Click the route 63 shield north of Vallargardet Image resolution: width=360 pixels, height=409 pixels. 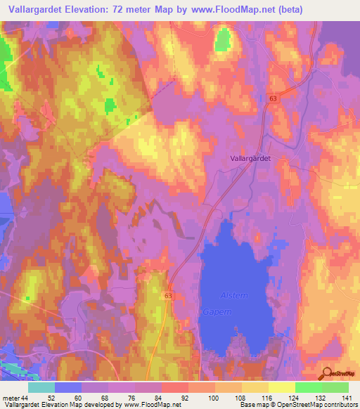[x=272, y=99]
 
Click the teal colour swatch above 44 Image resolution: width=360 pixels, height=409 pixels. [x=41, y=387]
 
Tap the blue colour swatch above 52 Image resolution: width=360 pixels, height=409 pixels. [x=68, y=387]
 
